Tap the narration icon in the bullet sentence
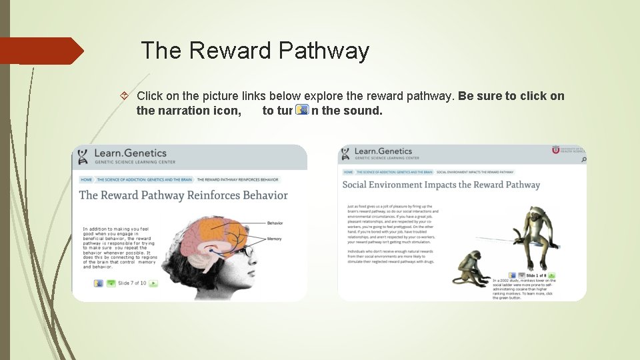302,110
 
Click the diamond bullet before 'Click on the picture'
123,97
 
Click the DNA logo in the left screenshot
83,157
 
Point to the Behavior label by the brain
275,223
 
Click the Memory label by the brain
274,238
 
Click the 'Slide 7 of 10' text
132,283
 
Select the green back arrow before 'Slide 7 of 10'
111,283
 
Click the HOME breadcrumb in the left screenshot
87,180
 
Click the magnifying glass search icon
583,159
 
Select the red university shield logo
555,151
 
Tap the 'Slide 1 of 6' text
536,275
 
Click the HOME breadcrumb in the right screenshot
348,172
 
